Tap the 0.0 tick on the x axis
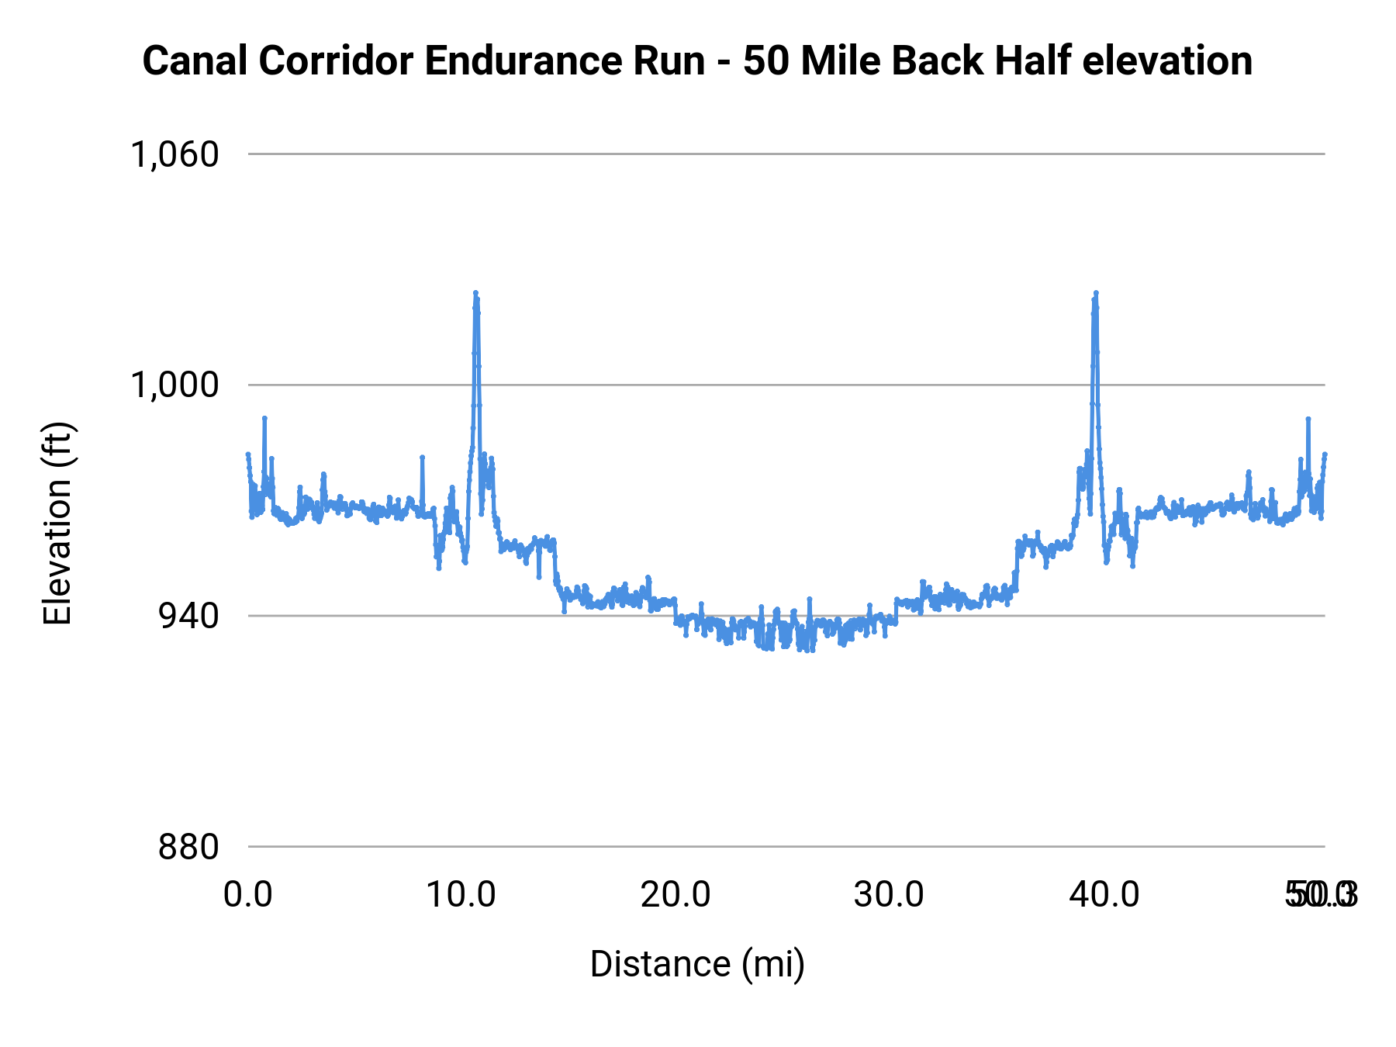tap(248, 895)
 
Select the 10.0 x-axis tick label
tap(461, 895)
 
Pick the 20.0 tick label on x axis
tap(676, 895)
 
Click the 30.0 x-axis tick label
tap(890, 895)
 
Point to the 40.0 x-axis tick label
tap(1104, 895)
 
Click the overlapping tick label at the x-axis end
tap(1321, 895)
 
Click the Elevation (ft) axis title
tap(57, 523)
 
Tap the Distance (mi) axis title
tap(697, 964)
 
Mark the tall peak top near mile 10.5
tap(475, 293)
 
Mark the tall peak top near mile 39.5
tap(1096, 293)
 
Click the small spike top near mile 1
tap(264, 418)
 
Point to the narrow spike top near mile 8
tap(422, 457)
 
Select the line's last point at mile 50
tap(1325, 454)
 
